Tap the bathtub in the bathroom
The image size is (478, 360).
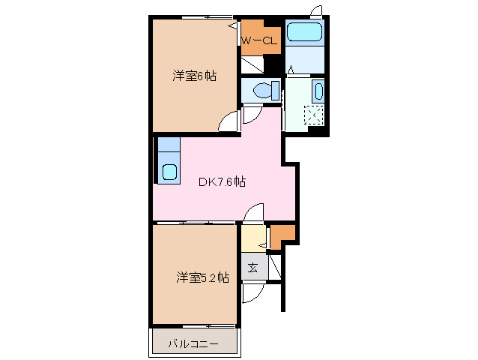tap(304, 32)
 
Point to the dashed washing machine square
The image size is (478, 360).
tap(315, 115)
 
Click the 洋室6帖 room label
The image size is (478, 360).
tap(195, 76)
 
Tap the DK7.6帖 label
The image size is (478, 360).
tap(223, 181)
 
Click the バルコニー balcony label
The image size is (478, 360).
tap(193, 343)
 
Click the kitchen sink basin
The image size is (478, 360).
tap(169, 172)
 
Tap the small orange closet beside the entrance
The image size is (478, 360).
tap(282, 235)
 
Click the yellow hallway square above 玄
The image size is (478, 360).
tap(253, 239)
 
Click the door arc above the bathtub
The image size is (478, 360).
tap(317, 11)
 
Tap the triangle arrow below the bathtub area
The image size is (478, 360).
tap(291, 70)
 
